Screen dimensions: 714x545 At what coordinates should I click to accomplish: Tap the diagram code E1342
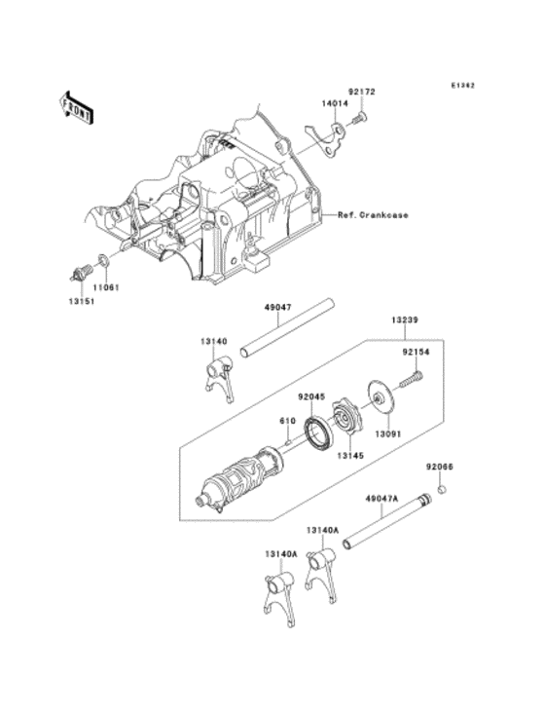[461, 85]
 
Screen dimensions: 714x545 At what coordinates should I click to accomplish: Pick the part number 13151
[81, 303]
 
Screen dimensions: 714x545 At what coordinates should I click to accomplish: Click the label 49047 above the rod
[277, 307]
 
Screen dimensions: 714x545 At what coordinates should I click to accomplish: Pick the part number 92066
[440, 467]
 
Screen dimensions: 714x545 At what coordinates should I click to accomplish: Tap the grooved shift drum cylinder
[235, 478]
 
